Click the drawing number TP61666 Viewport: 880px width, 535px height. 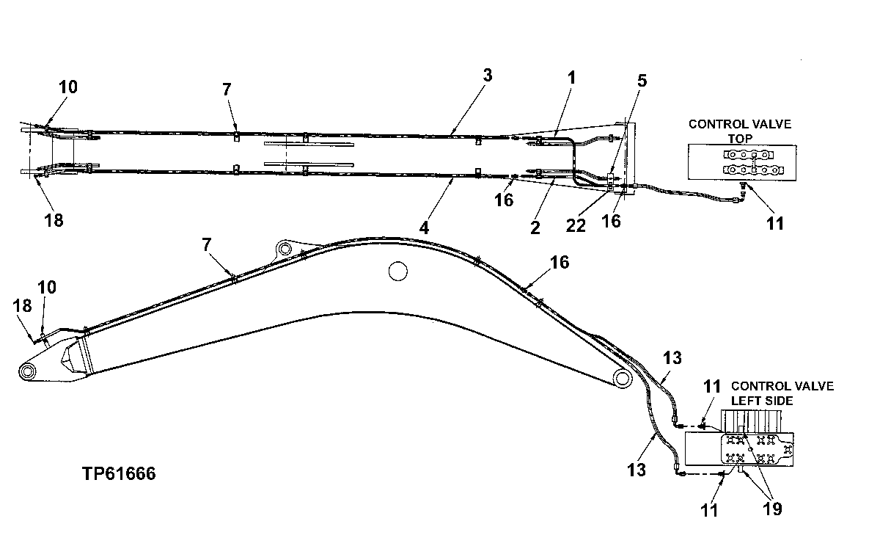pyautogui.click(x=119, y=474)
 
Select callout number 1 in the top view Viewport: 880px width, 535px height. pyautogui.click(x=572, y=76)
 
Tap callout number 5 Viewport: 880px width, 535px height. pyautogui.click(x=642, y=81)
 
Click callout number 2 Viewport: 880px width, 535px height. pyautogui.click(x=535, y=228)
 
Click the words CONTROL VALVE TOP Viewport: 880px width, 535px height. pyautogui.click(x=739, y=131)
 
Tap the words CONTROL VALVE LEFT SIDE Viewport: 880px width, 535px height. pyautogui.click(x=782, y=393)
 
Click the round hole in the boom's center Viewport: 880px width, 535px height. pyautogui.click(x=397, y=272)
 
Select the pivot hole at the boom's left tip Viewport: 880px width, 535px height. pyautogui.click(x=27, y=372)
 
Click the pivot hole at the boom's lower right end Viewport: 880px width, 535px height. pyautogui.click(x=621, y=379)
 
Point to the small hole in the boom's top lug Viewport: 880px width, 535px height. pyautogui.click(x=283, y=246)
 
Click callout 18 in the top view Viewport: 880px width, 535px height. pyautogui.click(x=54, y=219)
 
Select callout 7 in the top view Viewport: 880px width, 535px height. pyautogui.click(x=227, y=89)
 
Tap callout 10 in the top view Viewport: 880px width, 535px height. pyautogui.click(x=67, y=87)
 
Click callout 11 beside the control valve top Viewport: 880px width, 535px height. pyautogui.click(x=775, y=224)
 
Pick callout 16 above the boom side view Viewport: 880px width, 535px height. pyautogui.click(x=560, y=262)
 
